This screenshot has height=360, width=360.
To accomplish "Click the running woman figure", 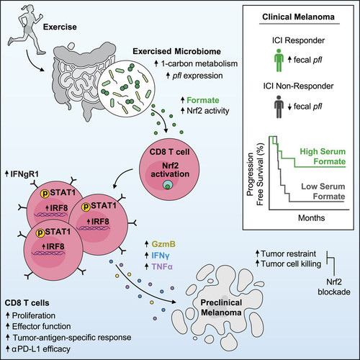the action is (27, 31).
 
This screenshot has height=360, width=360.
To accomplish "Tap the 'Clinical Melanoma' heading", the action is (298, 17).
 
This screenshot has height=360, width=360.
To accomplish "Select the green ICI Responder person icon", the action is (279, 60).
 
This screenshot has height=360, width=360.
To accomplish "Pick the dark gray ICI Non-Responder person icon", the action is (279, 107).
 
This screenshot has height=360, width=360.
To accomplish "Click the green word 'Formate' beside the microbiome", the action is (203, 100).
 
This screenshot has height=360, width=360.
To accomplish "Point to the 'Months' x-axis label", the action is (311, 217).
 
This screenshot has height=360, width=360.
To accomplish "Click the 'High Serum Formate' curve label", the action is (323, 156).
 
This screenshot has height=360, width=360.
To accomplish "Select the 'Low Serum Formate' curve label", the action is (323, 192).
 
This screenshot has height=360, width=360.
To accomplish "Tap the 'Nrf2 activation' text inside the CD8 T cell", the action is (170, 170).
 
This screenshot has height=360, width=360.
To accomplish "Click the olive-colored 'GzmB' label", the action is (163, 244).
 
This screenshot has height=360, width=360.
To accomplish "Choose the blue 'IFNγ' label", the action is (161, 256).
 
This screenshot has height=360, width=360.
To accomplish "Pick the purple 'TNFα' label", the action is (162, 266).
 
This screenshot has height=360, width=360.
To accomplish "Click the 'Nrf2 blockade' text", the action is (334, 287).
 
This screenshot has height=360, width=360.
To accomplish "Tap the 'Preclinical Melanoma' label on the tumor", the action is (221, 307).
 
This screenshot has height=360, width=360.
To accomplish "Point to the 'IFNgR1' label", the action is (24, 174).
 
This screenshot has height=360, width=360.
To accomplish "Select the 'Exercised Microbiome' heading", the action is (177, 51).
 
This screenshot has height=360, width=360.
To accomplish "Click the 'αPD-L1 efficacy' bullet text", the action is (41, 348).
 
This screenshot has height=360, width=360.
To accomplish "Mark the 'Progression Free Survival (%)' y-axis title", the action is (255, 174).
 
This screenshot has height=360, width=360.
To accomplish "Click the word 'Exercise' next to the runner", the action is (60, 27).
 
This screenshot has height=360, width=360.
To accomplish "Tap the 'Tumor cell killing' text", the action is (291, 264).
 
